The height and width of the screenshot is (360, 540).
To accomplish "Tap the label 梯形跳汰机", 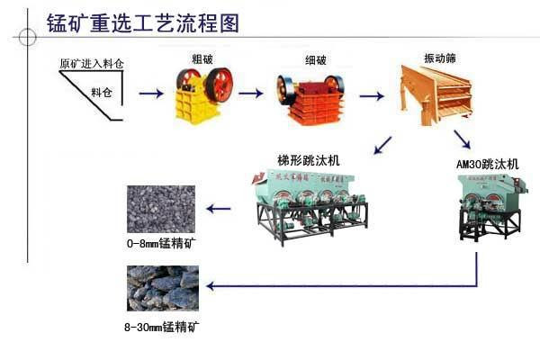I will [308, 160].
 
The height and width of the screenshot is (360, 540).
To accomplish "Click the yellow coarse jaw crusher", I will [202, 94].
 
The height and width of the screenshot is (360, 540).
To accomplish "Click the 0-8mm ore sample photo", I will [161, 210].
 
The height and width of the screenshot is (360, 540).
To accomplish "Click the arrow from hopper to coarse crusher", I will [150, 93].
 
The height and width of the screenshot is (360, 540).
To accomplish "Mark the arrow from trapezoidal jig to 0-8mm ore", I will [219, 209].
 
